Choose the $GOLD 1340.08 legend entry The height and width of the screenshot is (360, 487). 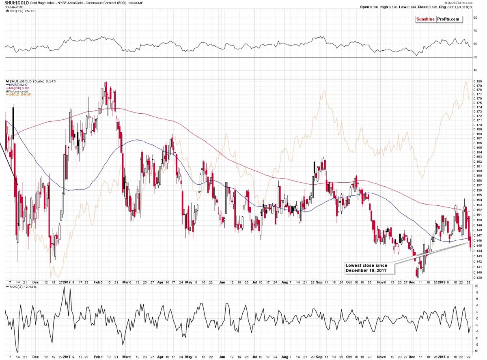tap(17, 95)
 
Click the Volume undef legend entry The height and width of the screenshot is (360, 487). tap(17, 91)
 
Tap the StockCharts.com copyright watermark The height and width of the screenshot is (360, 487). tap(473, 3)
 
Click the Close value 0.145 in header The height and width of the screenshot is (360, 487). tap(442, 7)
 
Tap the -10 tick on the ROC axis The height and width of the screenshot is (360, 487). tap(476, 351)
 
